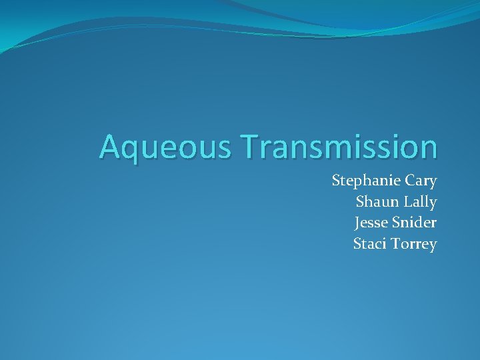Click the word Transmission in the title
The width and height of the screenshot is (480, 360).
tap(341, 147)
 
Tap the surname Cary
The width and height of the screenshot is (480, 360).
tap(421, 181)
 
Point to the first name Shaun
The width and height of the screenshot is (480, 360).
tap(375, 202)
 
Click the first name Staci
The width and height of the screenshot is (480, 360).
tap(367, 244)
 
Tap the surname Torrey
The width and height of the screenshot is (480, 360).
tap(413, 244)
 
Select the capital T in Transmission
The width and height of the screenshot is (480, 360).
tap(253, 146)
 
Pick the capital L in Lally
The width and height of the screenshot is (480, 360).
tap(407, 202)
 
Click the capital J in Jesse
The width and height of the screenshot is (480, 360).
tap(357, 223)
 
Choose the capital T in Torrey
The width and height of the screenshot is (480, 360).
tap(395, 243)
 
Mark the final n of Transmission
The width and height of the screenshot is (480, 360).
tap(428, 149)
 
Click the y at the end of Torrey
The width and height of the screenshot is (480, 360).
tap(432, 246)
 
